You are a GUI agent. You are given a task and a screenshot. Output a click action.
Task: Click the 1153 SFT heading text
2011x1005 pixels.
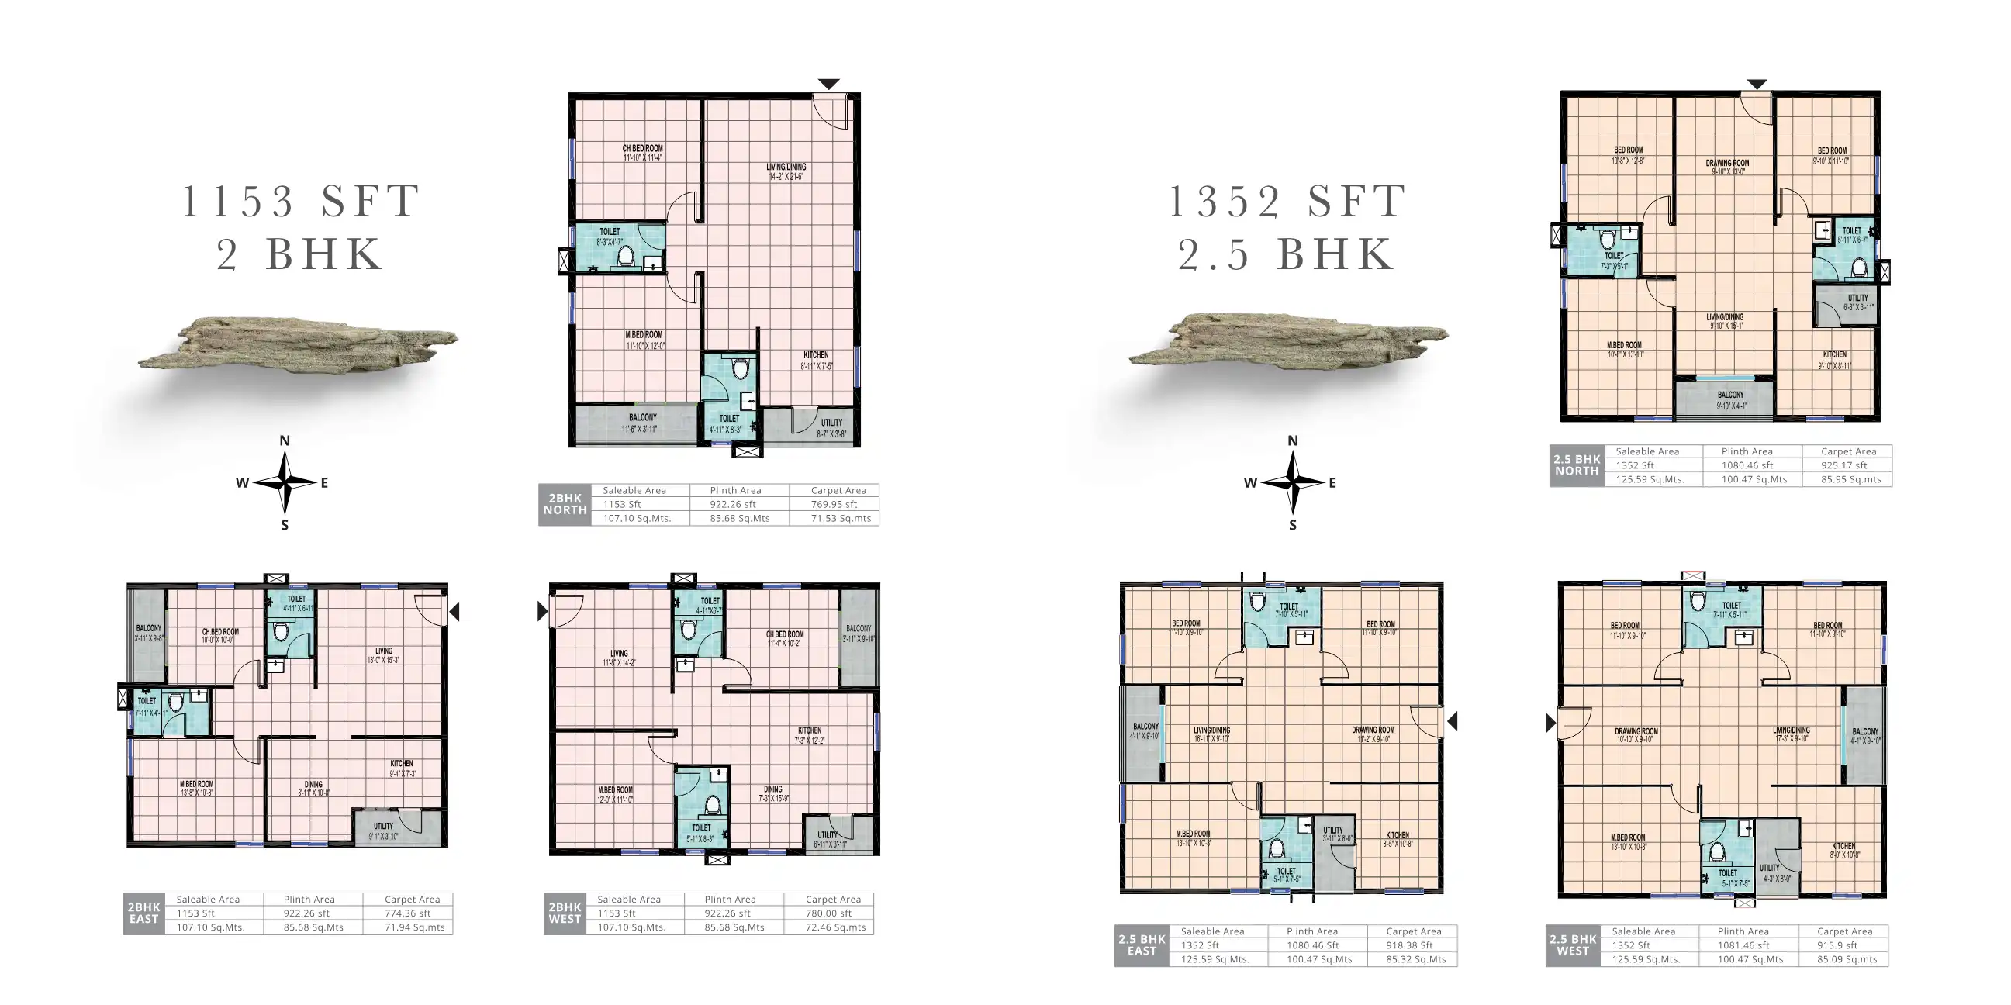[302, 202]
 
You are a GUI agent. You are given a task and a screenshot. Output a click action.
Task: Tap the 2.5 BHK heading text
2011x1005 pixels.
[1286, 254]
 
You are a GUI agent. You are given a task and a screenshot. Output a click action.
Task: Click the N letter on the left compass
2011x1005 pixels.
[285, 441]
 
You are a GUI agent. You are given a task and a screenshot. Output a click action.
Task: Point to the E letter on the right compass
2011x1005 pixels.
[1332, 483]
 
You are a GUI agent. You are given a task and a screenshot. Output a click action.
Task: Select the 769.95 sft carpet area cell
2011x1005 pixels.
[834, 505]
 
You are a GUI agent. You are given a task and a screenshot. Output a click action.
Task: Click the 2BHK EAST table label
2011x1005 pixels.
[143, 913]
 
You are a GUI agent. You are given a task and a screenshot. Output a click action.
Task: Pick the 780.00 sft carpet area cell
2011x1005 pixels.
[828, 913]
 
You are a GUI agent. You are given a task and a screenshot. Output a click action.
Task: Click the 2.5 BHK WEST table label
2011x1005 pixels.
[1572, 945]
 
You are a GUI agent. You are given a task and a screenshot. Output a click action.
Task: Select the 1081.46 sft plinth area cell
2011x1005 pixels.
[1743, 946]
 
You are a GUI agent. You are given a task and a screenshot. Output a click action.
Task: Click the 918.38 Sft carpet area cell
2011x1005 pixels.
[1409, 946]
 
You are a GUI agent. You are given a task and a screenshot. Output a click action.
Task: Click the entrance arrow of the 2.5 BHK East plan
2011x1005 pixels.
[1452, 722]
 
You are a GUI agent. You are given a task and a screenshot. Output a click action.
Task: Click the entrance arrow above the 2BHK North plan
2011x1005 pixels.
[828, 84]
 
